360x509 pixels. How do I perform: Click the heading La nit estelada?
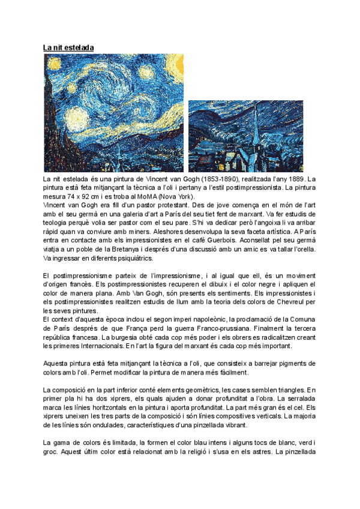68,47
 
